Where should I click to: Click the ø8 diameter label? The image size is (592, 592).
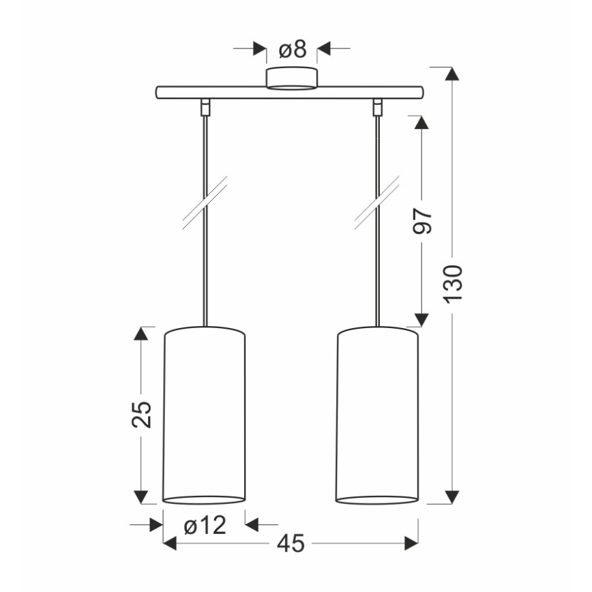(x=293, y=50)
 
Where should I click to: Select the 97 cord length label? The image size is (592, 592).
(x=421, y=221)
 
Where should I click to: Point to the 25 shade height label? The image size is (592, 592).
(x=141, y=414)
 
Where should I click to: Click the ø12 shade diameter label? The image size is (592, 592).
(x=205, y=524)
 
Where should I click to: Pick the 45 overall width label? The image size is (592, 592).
(x=291, y=544)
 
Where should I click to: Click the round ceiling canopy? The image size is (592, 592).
(x=291, y=78)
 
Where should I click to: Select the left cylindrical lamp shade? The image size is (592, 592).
(x=204, y=415)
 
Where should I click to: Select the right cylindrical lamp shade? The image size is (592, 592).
(x=377, y=415)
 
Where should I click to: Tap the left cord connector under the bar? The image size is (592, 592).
(x=205, y=106)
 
